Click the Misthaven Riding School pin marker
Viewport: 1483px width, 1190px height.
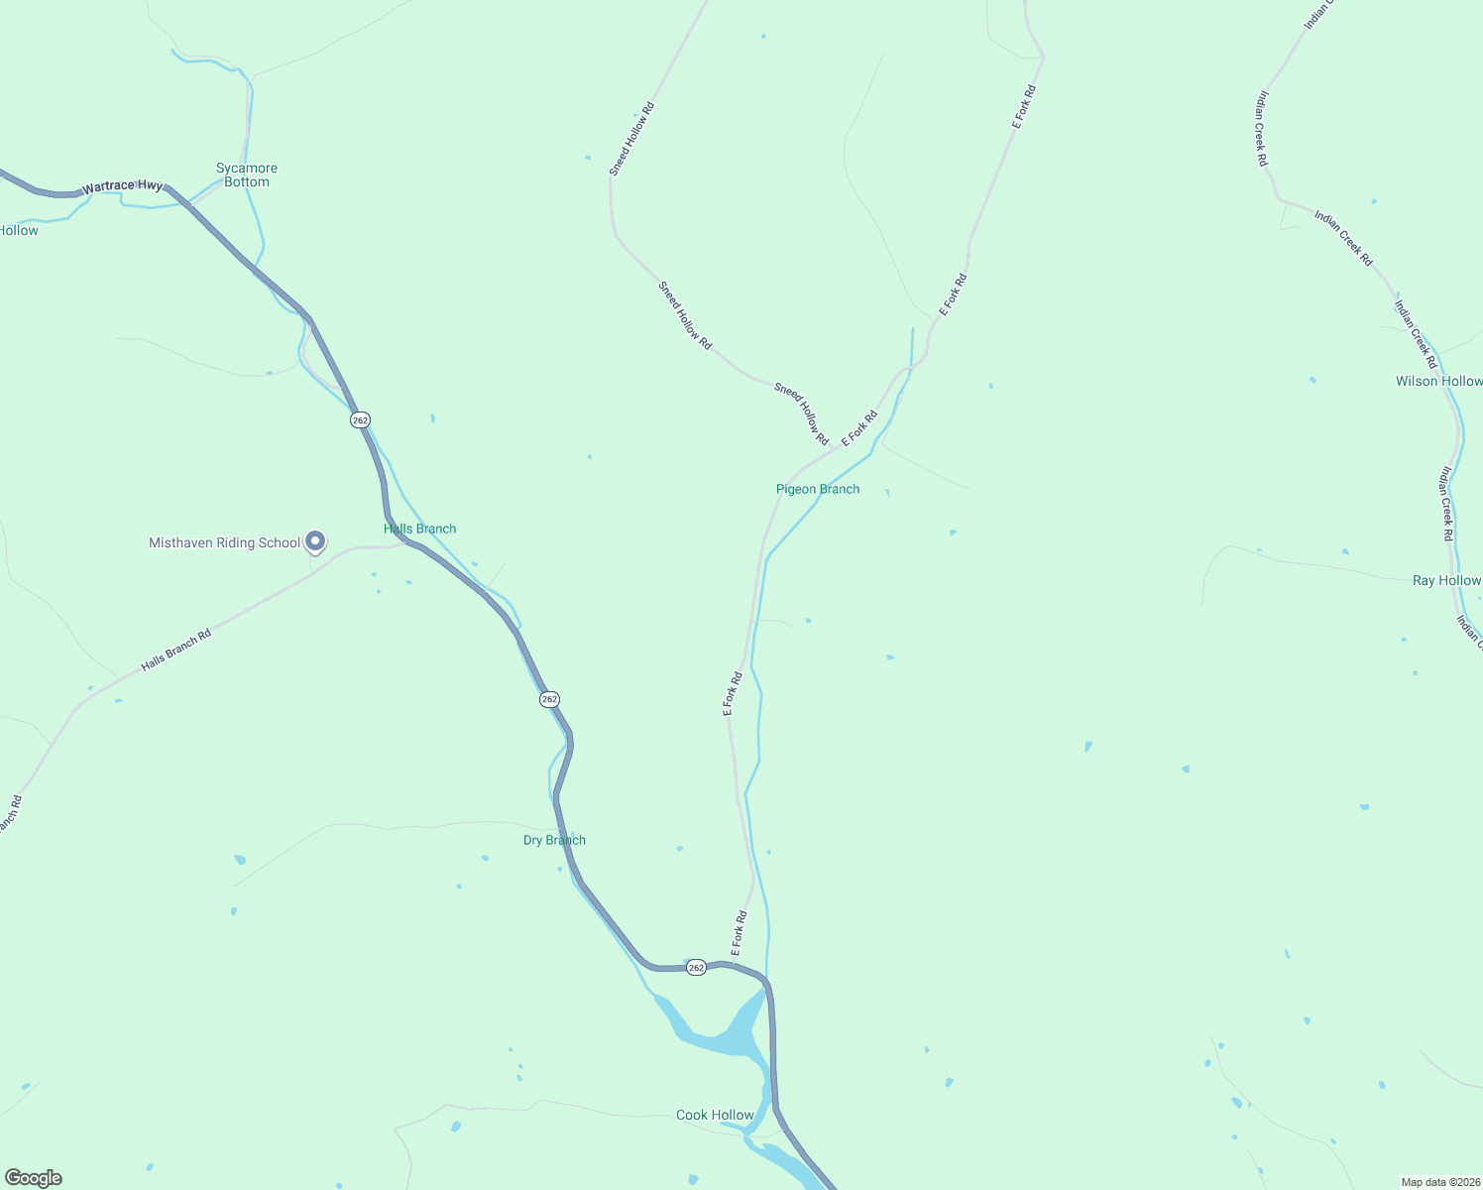tap(315, 540)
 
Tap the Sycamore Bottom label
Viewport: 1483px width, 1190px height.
tap(247, 175)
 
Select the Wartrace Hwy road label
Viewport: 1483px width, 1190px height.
tap(122, 186)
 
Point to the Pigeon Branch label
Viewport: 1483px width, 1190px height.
tap(818, 489)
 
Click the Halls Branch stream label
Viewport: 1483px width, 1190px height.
tap(420, 529)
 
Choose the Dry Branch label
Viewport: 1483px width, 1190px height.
tap(554, 840)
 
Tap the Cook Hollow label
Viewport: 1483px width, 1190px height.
tap(715, 1115)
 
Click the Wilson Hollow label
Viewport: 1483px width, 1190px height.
tap(1438, 381)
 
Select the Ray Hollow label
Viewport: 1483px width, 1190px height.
tap(1446, 580)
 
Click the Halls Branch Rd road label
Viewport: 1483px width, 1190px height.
tap(176, 651)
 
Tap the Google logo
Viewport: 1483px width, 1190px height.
tap(34, 1178)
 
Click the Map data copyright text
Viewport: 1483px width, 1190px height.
tap(1439, 1182)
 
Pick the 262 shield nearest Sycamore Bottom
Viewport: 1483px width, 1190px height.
tap(360, 420)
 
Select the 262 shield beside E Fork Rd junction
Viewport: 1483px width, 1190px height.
tap(696, 968)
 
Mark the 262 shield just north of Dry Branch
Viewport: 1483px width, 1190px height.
tap(550, 699)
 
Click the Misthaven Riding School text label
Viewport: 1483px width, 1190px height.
tap(224, 542)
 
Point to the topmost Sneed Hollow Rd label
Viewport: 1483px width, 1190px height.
tap(631, 139)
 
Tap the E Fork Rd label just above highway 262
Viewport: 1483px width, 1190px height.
tap(739, 933)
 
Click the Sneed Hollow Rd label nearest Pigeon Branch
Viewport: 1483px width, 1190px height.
tap(801, 414)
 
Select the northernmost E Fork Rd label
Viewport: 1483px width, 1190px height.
tap(1024, 107)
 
